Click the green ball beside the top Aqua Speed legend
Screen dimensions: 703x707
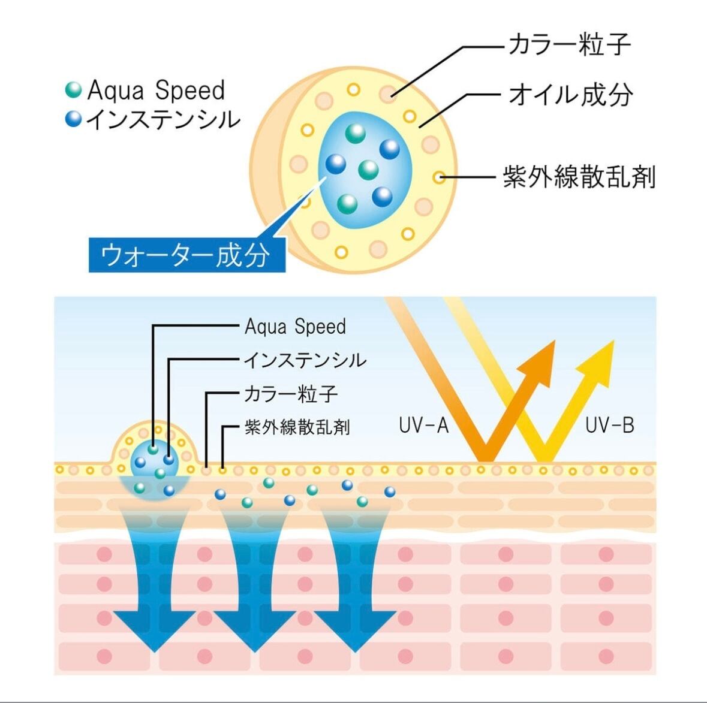tap(73, 90)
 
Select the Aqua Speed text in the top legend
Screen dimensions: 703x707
tap(156, 90)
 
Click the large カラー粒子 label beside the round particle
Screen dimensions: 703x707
tap(569, 45)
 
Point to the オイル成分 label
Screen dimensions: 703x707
tap(570, 95)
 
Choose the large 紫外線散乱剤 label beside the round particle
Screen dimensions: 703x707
tap(579, 177)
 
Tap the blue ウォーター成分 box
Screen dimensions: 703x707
tap(186, 255)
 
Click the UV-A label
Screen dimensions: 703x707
tap(423, 426)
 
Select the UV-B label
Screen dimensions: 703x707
tap(609, 426)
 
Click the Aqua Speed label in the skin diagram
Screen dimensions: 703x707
tap(295, 327)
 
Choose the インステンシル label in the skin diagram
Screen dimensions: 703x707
tap(305, 360)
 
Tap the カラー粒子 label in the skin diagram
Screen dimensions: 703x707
tap(290, 394)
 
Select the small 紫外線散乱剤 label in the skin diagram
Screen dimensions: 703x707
tap(297, 427)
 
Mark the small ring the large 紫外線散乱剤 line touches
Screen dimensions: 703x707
tap(440, 177)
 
